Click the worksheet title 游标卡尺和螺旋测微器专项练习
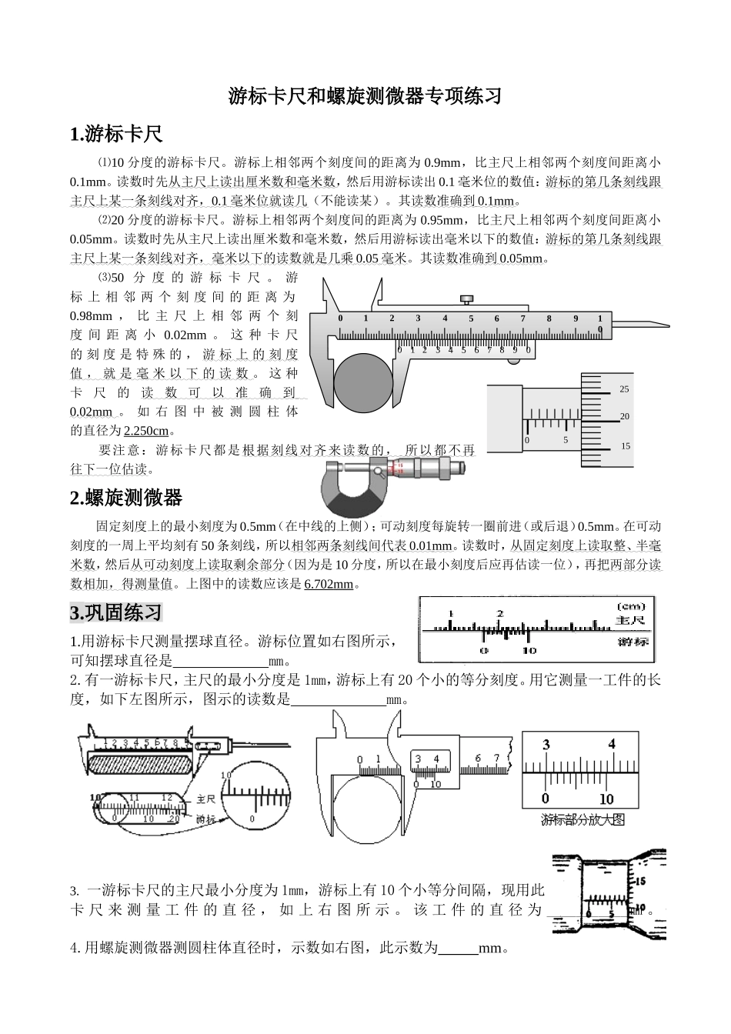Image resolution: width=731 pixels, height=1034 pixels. (x=365, y=96)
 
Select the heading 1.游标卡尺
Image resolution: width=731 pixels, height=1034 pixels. (x=116, y=134)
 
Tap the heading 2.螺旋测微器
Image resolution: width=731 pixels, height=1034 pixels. (x=126, y=498)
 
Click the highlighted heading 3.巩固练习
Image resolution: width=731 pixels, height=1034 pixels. (x=116, y=612)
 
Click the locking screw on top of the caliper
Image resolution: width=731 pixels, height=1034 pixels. (x=466, y=299)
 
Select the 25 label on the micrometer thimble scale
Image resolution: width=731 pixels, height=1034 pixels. (x=625, y=389)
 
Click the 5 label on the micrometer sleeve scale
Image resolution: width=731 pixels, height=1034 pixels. (x=566, y=441)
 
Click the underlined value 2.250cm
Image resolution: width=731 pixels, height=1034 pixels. (x=146, y=431)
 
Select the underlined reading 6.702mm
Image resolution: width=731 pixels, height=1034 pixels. (x=329, y=584)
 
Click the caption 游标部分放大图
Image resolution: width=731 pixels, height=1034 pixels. (x=582, y=819)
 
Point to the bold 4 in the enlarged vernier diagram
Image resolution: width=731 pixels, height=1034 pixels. (x=612, y=744)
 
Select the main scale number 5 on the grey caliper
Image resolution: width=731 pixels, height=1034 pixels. (x=471, y=319)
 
